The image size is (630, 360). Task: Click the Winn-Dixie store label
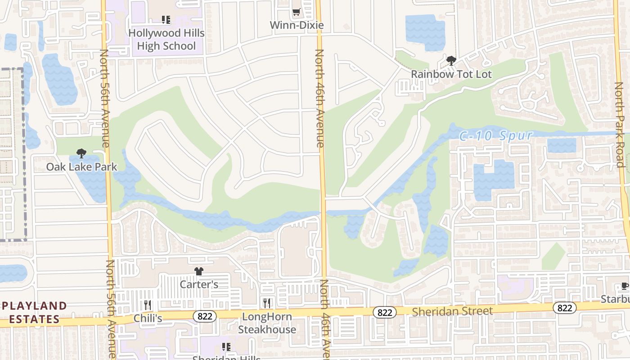pos(297,25)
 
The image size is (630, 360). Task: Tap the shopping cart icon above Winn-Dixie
pos(296,12)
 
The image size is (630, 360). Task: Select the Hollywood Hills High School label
pos(166,40)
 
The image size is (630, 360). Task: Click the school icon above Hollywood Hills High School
pos(166,20)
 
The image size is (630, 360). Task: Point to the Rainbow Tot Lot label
pos(451,74)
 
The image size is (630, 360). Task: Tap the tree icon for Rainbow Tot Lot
pos(451,61)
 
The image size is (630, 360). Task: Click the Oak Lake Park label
pos(81,167)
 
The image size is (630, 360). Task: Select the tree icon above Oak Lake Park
pos(81,153)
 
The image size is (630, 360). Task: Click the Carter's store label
pos(199,284)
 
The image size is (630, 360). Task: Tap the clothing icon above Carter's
pos(199,271)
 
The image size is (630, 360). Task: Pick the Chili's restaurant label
pos(148,318)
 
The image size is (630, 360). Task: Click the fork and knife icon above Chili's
pos(148,305)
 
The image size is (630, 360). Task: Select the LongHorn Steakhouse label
pos(267,323)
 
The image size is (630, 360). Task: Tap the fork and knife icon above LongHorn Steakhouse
pos(267,303)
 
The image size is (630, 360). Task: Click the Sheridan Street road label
pos(452,311)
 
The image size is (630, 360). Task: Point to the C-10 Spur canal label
pos(496,135)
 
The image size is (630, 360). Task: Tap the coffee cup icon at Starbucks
pos(625,286)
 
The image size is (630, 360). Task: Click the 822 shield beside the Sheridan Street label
pos(384,312)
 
